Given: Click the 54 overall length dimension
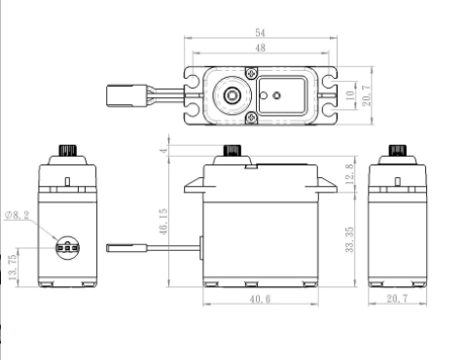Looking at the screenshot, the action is click(260, 33).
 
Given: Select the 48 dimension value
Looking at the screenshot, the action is click(260, 48).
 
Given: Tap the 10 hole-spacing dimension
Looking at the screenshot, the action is click(350, 95).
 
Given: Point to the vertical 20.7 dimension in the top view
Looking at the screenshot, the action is click(366, 95).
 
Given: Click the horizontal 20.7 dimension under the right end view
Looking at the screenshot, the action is click(397, 299).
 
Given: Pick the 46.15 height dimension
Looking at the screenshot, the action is click(163, 222).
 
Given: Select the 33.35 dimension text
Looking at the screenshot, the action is click(349, 239).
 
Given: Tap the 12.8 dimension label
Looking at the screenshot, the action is click(349, 174).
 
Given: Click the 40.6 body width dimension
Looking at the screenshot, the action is click(260, 299).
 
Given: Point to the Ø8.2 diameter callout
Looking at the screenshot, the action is click(18, 215).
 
